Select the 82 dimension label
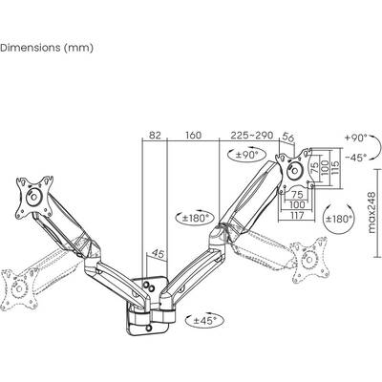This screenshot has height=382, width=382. (155, 136)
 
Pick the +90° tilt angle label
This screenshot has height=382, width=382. (354, 138)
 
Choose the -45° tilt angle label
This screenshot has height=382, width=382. (354, 158)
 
